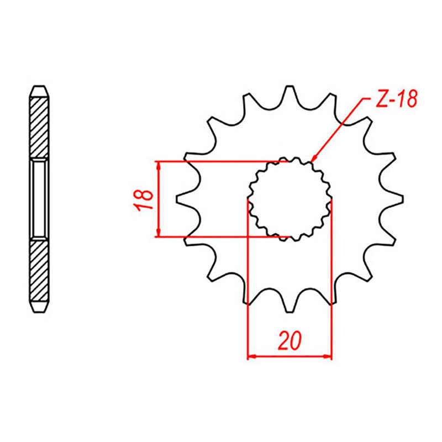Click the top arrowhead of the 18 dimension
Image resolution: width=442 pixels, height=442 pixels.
(x=159, y=166)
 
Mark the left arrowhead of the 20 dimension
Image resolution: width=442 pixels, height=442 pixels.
(x=251, y=356)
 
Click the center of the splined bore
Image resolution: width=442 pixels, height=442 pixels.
(x=290, y=199)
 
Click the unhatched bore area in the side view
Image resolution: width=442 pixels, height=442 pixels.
(x=39, y=199)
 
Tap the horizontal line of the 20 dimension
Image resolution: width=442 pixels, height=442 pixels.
(x=290, y=356)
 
